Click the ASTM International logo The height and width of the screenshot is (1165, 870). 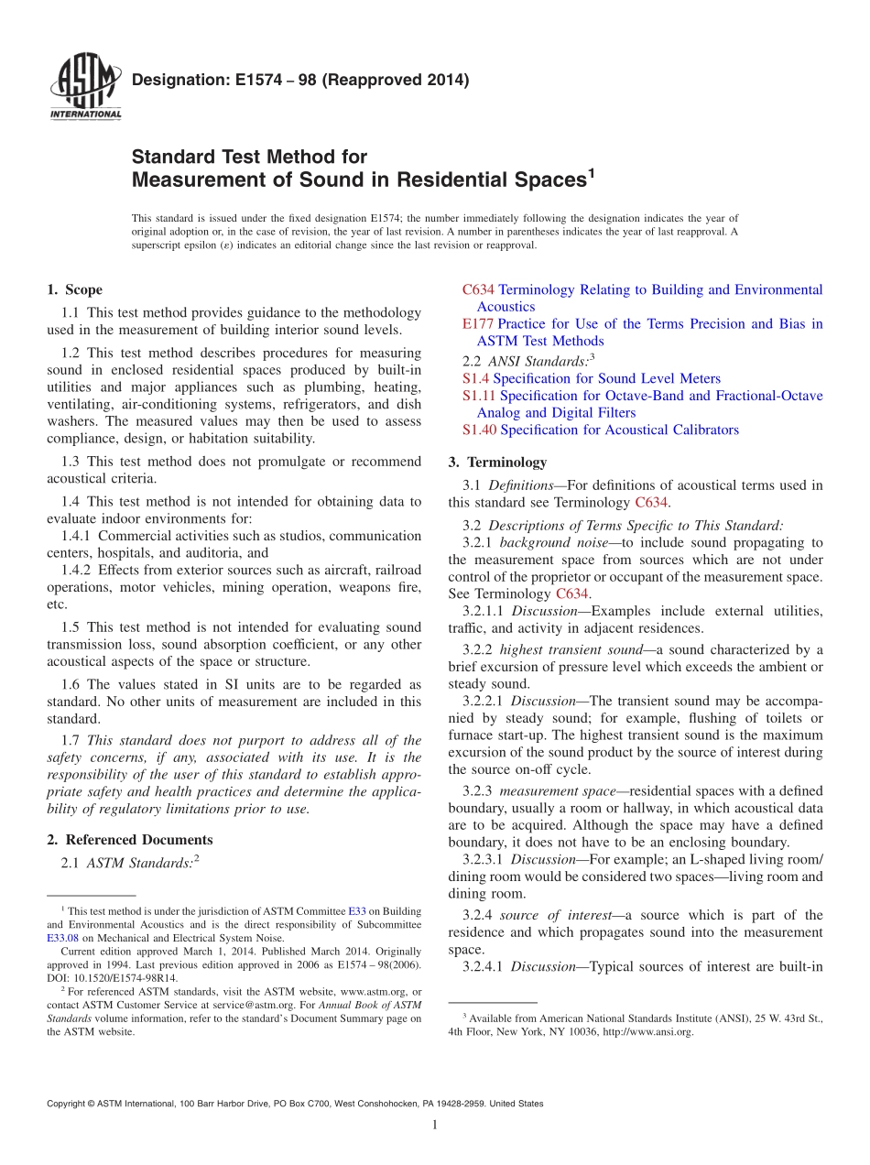pos(85,89)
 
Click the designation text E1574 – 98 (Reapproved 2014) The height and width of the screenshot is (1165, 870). pos(300,80)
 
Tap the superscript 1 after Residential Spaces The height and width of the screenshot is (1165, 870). pos(591,171)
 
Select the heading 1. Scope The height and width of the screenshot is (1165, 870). pos(74,289)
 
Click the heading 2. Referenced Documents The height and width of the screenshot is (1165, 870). pos(129,840)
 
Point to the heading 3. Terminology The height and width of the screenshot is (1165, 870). pos(497,462)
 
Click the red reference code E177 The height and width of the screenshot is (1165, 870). pos(478,324)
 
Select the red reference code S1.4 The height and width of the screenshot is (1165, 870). pos(475,378)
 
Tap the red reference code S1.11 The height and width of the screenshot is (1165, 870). pos(479,396)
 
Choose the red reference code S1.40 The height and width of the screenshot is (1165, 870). pos(479,430)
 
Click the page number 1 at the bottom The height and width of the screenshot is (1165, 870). pos(435,1125)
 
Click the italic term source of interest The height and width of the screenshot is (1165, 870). pos(552,915)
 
